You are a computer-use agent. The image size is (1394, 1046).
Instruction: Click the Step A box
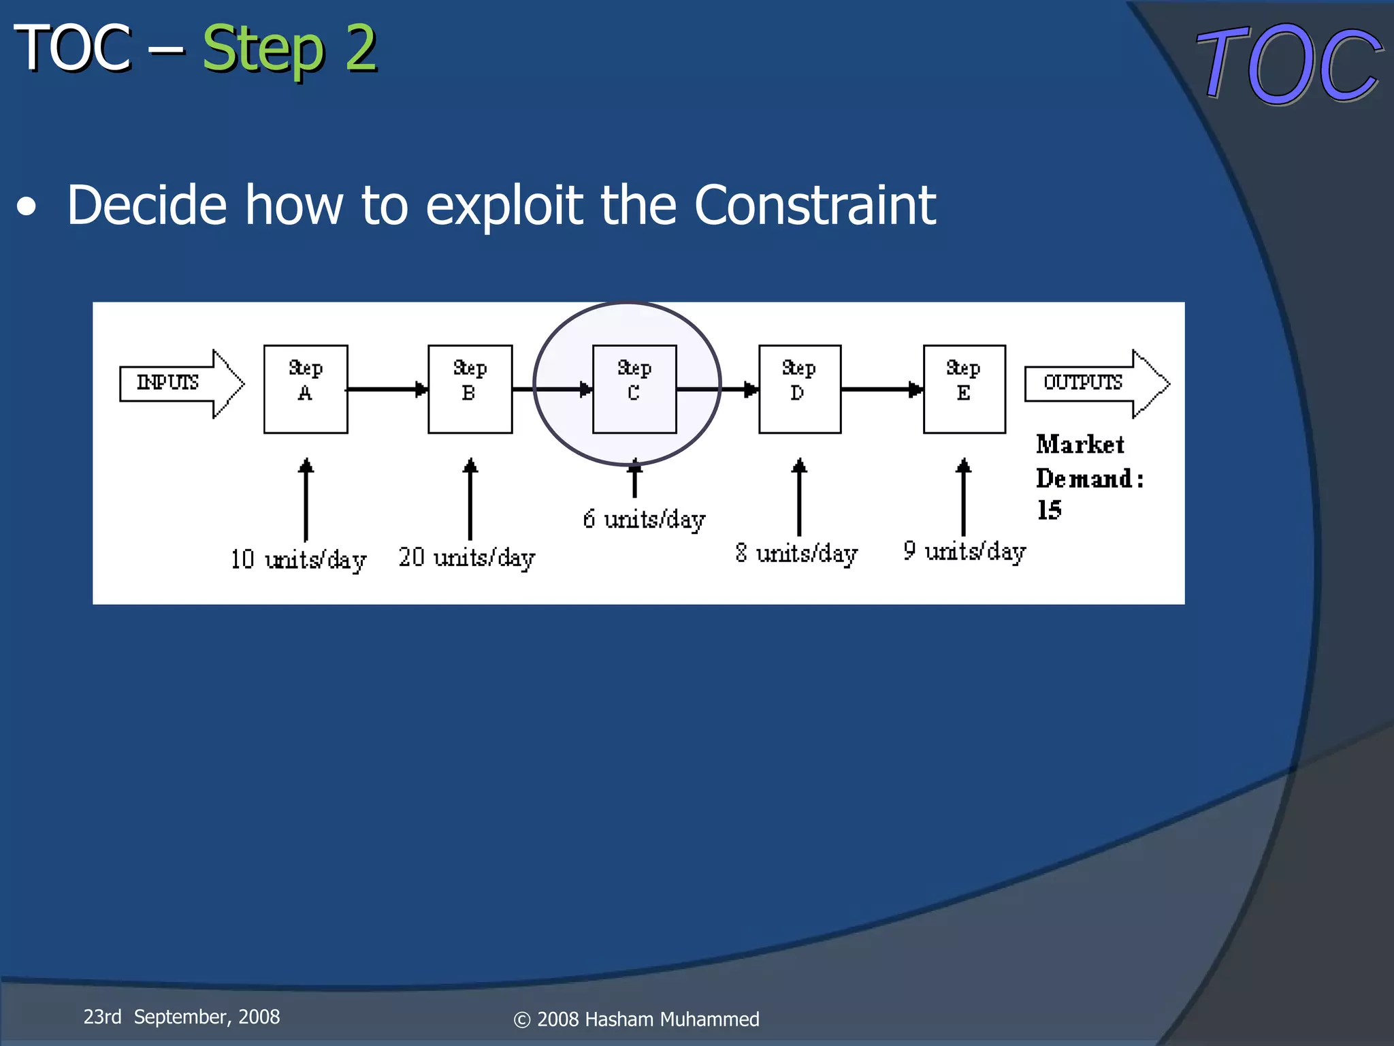click(x=306, y=389)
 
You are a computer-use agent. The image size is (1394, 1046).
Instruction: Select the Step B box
click(x=470, y=389)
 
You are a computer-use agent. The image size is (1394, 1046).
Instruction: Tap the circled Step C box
click(x=634, y=389)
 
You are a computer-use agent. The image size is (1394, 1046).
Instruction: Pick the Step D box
click(x=800, y=389)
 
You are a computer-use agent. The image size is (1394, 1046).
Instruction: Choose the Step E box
click(x=964, y=389)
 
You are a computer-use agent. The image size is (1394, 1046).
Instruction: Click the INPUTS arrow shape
click(x=180, y=383)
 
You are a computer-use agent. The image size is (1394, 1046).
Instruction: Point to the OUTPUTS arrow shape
click(x=1096, y=383)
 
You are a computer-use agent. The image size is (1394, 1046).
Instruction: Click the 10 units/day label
click(x=298, y=560)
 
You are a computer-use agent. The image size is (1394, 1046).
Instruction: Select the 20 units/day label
click(x=467, y=558)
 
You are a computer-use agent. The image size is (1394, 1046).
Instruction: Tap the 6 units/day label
click(x=644, y=520)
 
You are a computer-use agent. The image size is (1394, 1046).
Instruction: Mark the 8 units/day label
click(x=796, y=554)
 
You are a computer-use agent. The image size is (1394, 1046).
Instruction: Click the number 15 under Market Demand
click(x=1049, y=510)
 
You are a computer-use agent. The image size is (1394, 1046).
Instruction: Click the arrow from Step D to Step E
click(x=881, y=390)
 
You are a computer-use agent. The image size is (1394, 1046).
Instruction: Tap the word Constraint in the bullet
click(x=815, y=205)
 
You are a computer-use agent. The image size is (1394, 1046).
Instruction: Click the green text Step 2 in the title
click(x=289, y=49)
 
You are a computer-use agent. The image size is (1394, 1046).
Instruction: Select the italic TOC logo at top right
click(x=1288, y=65)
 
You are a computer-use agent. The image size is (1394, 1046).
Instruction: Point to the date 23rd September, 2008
click(x=181, y=1017)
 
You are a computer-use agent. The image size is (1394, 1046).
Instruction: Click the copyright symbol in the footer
click(x=522, y=1019)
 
